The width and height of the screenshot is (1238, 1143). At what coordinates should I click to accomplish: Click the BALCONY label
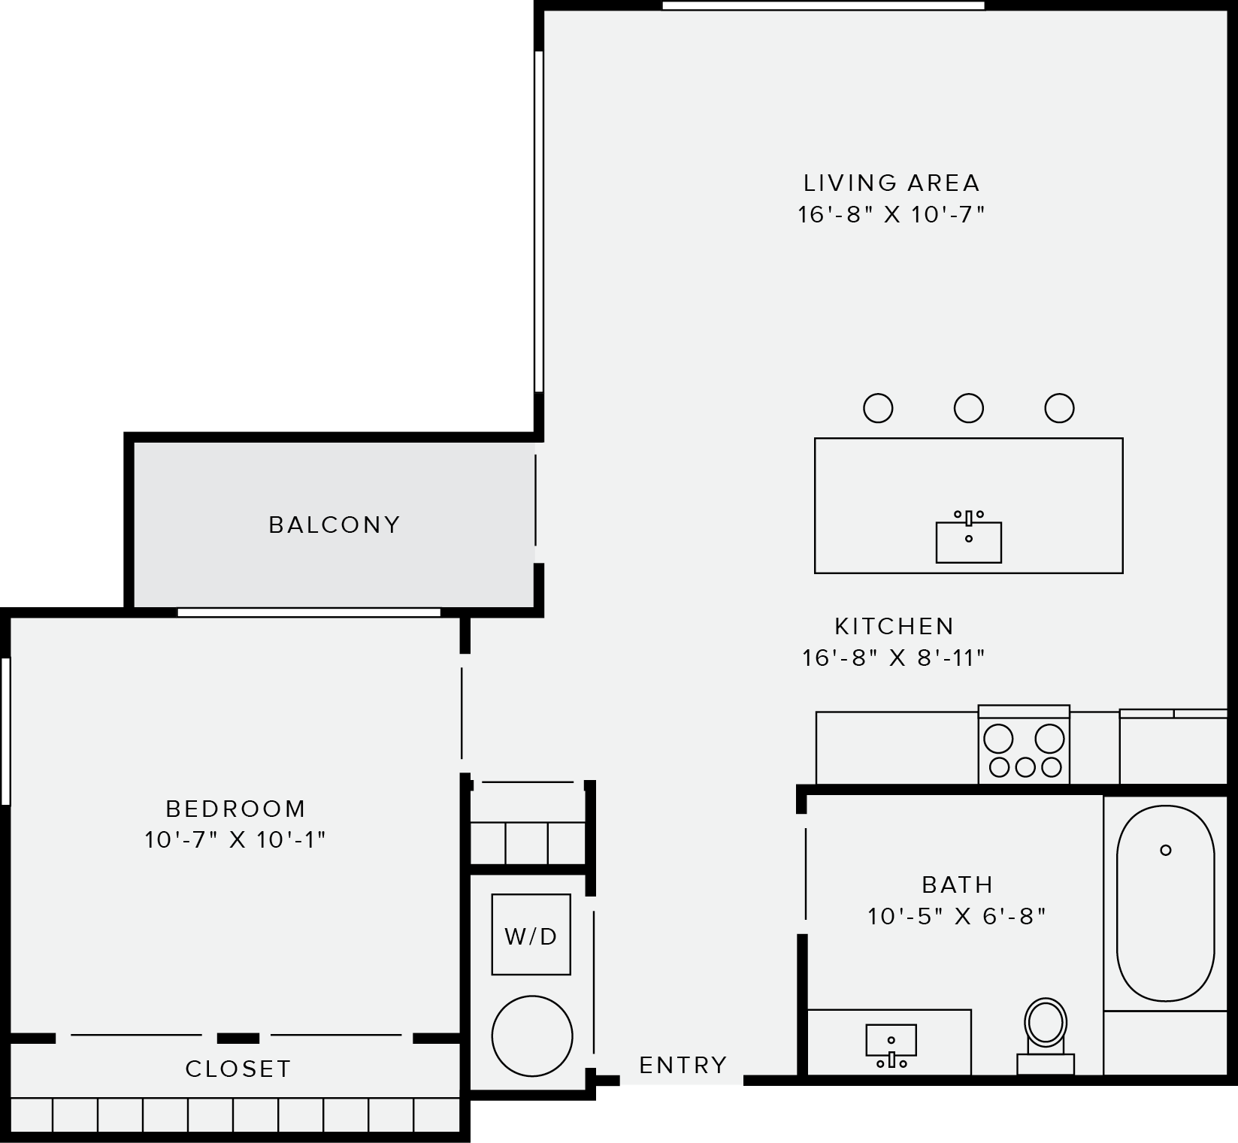click(x=334, y=525)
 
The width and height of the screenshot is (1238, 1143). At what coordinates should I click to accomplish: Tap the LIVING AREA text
click(x=891, y=183)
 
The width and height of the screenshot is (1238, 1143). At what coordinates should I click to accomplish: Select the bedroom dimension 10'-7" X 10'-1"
click(x=235, y=839)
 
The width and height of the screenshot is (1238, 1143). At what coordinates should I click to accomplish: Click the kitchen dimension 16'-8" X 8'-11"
click(x=893, y=658)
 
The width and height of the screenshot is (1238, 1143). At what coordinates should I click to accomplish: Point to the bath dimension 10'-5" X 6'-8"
click(x=957, y=916)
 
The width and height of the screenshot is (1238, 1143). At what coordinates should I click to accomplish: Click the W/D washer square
click(x=531, y=935)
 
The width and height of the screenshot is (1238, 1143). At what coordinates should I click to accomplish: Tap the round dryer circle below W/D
click(x=532, y=1036)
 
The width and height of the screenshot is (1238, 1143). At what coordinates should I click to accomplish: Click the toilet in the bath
click(x=1046, y=1026)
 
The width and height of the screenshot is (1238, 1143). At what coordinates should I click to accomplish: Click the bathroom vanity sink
click(x=891, y=1041)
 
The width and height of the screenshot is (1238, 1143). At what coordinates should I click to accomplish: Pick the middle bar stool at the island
click(x=968, y=408)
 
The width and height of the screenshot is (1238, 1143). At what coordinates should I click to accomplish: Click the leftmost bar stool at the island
click(x=878, y=408)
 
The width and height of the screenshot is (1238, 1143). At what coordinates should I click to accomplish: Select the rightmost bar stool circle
click(x=1059, y=408)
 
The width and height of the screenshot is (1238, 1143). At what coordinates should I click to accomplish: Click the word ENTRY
click(x=683, y=1065)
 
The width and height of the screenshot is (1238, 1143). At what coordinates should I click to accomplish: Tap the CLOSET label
click(x=238, y=1069)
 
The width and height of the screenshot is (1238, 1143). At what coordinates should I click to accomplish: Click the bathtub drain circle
click(x=1166, y=850)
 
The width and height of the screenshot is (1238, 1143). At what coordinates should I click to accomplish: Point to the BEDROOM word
click(x=235, y=809)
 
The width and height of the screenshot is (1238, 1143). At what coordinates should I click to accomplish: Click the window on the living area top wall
click(x=823, y=6)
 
